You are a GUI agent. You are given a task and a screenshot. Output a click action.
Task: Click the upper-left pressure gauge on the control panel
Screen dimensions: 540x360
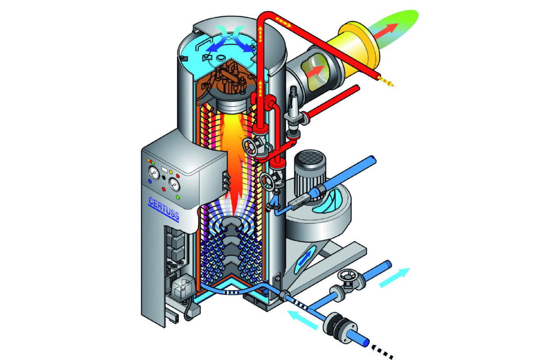[x=154, y=173]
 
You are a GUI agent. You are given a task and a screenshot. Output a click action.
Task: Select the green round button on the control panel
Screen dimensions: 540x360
[x=178, y=198]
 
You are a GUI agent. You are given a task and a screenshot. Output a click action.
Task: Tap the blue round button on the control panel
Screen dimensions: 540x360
[x=150, y=181]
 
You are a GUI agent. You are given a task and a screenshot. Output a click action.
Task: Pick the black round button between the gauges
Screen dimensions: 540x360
[x=164, y=178]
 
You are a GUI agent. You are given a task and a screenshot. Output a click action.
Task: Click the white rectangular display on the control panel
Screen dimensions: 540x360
[x=164, y=169]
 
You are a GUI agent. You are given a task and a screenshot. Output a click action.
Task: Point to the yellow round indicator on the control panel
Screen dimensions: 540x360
[x=171, y=172]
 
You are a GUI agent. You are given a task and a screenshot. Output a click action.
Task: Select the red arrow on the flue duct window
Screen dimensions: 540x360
[x=315, y=71]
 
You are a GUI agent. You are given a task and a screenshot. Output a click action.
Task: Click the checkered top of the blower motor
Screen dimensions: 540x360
[x=310, y=157]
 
